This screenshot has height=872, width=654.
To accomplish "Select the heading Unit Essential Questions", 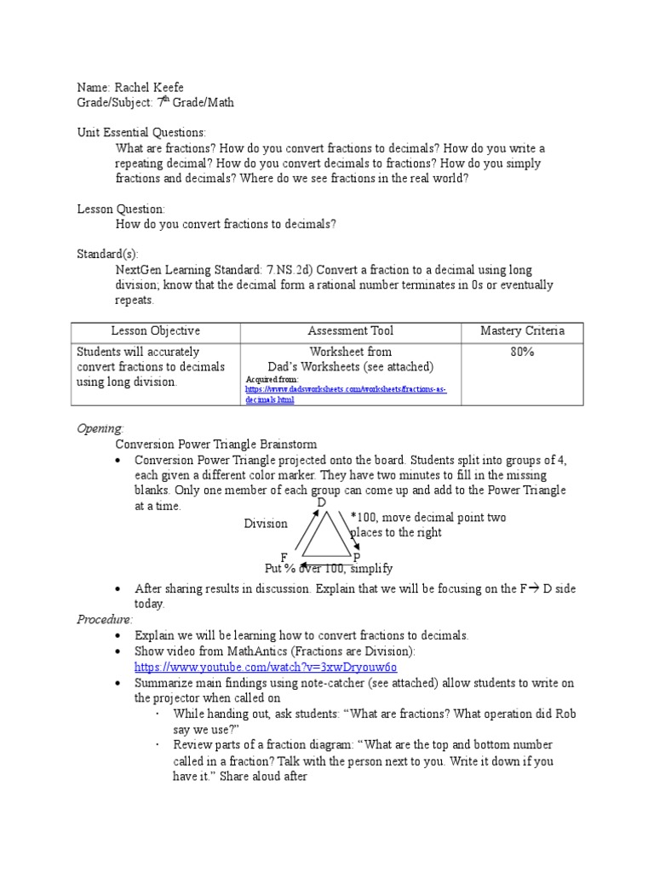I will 141,132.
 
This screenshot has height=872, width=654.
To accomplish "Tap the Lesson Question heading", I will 121,209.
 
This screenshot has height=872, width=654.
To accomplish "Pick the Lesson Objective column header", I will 156,330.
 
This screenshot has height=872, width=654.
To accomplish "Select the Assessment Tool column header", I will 350,330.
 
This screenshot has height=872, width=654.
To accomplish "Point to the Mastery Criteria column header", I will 522,330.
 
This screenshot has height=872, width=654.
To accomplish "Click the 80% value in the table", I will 522,351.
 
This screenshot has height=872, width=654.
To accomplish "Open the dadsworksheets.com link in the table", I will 345,393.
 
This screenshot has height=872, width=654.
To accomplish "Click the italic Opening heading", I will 100,428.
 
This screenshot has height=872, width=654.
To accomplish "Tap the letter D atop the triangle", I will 322,502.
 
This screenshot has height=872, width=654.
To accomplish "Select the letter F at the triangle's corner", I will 284,556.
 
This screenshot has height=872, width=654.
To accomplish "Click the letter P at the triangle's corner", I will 356,557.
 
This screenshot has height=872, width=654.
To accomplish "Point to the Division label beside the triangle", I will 266,524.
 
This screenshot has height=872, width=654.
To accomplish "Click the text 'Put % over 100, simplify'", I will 329,569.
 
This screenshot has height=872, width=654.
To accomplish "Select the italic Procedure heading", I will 106,619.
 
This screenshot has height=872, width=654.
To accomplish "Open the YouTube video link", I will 265,667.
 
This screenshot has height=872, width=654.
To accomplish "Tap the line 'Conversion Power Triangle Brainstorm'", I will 216,444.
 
